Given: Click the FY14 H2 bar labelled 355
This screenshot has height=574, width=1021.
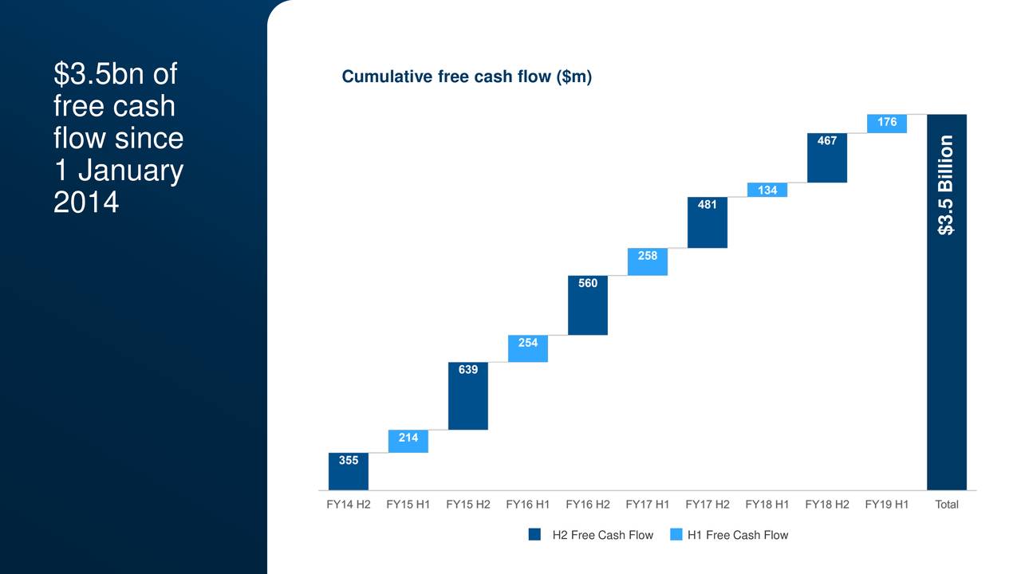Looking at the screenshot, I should tap(349, 471).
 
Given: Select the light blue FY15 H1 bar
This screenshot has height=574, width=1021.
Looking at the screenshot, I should tap(408, 442).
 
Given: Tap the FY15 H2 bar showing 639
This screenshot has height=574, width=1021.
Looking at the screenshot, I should tap(468, 396).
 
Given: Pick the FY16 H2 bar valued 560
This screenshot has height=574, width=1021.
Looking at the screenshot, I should tap(588, 305).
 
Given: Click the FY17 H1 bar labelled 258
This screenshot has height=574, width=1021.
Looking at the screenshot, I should tap(648, 261).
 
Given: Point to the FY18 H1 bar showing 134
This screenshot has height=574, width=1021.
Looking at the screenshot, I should tap(767, 190).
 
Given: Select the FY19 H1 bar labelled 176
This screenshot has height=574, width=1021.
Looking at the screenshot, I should tap(887, 124).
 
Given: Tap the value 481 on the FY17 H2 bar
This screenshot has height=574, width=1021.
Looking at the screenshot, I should tap(707, 205).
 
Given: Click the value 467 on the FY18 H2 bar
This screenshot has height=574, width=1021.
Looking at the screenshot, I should tap(827, 141).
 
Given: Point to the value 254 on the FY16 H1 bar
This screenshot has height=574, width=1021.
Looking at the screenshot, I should tap(528, 343).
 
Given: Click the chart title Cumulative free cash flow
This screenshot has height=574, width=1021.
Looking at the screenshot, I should tap(467, 77).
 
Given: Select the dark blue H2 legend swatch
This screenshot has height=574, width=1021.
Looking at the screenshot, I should tap(534, 535).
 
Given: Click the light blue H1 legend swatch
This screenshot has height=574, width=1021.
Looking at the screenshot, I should tap(676, 535).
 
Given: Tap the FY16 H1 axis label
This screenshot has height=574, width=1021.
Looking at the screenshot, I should tap(528, 505).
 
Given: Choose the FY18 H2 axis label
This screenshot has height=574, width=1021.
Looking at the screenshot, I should tap(827, 505).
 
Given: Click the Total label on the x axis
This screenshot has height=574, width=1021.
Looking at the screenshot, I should tap(947, 505).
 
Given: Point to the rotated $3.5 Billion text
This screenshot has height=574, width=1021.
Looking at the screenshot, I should tap(946, 185).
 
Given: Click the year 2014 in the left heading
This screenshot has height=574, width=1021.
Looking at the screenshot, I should tap(86, 202).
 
